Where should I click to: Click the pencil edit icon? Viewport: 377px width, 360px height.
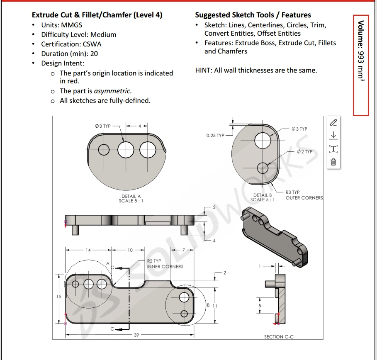pyautogui.click(x=333, y=123)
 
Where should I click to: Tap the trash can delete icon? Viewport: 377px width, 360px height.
pyautogui.click(x=333, y=162)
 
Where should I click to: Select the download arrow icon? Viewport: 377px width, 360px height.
pyautogui.click(x=333, y=135)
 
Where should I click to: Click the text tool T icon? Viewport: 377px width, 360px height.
pyautogui.click(x=333, y=148)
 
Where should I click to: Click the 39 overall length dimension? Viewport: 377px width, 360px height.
pyautogui.click(x=136, y=335)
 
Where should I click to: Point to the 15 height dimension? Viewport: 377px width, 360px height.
pyautogui.click(x=59, y=297)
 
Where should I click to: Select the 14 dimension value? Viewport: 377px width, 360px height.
pyautogui.click(x=88, y=250)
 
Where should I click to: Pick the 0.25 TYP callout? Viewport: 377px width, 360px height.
pyautogui.click(x=215, y=136)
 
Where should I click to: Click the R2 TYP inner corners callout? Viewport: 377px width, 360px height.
pyautogui.click(x=165, y=264)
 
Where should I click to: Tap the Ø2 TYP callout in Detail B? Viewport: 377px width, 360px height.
pyautogui.click(x=305, y=151)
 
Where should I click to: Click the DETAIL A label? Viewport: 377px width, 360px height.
pyautogui.click(x=131, y=196)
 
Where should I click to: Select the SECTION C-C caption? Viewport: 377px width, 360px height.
pyautogui.click(x=279, y=337)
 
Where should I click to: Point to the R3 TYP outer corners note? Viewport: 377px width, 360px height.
pyautogui.click(x=304, y=195)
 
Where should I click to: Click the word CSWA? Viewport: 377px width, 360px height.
pyautogui.click(x=92, y=44)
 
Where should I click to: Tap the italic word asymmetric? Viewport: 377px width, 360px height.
pyautogui.click(x=112, y=91)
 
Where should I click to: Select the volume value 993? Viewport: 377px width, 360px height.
pyautogui.click(x=361, y=57)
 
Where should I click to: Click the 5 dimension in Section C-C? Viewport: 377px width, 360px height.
pyautogui.click(x=260, y=306)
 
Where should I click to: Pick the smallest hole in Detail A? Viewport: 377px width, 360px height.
pyautogui.click(x=104, y=150)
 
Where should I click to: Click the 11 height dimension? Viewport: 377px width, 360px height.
pyautogui.click(x=215, y=306)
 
